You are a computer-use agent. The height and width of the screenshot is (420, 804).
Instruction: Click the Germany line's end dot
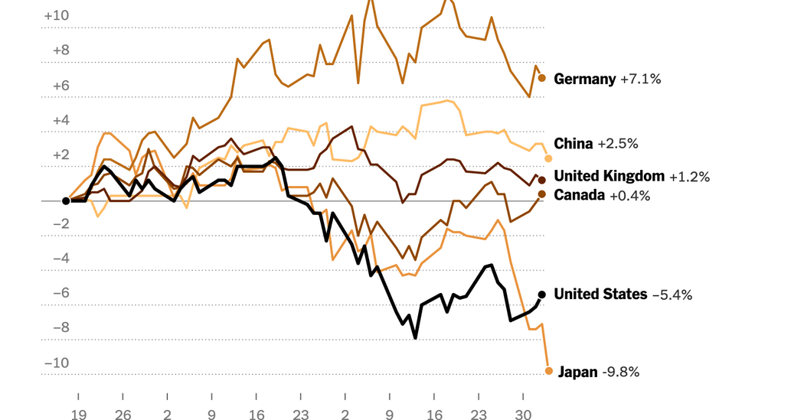(x=541, y=78)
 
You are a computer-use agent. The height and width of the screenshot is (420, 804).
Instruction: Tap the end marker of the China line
(x=548, y=158)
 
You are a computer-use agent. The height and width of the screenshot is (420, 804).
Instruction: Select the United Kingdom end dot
(x=542, y=179)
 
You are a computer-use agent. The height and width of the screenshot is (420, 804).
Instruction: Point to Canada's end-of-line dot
(x=541, y=194)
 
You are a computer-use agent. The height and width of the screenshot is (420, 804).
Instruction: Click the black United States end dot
(x=541, y=295)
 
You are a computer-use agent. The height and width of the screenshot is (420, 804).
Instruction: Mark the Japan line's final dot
(x=549, y=371)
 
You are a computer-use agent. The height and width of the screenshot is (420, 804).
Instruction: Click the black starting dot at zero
(x=66, y=201)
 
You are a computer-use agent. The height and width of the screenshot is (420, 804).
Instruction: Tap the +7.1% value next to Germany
(x=640, y=79)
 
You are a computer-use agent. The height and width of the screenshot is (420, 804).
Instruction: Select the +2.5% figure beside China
(x=618, y=144)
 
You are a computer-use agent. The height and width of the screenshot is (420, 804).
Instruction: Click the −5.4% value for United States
(x=672, y=295)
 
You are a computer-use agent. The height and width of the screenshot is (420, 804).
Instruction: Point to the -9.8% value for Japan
(x=620, y=373)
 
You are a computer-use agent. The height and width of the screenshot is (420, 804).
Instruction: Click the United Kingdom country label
(x=609, y=177)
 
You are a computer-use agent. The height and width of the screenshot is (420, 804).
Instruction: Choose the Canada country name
(x=580, y=195)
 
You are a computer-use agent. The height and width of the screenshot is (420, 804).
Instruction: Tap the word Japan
(x=577, y=373)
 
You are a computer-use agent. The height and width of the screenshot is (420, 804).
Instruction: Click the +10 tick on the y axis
(x=57, y=15)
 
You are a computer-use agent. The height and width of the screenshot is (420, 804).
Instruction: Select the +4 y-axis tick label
(x=61, y=120)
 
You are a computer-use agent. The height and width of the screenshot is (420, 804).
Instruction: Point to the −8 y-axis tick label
(x=61, y=327)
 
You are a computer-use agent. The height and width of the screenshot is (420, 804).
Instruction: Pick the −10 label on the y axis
(x=57, y=363)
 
